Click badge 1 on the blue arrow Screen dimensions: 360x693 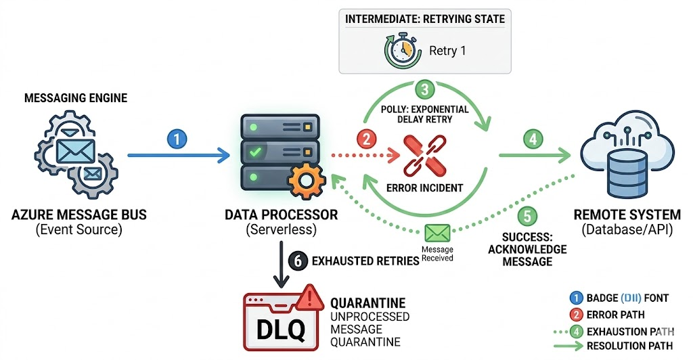176,139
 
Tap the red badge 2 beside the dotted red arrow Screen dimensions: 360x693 366,140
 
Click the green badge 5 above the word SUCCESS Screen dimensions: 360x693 528,217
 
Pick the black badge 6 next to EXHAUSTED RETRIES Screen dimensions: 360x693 296,259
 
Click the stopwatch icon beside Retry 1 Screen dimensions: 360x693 400,51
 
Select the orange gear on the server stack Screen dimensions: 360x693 302,181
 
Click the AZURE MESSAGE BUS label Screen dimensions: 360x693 79,216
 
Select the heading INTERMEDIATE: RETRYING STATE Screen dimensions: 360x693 425,19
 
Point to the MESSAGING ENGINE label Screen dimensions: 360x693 76,99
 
